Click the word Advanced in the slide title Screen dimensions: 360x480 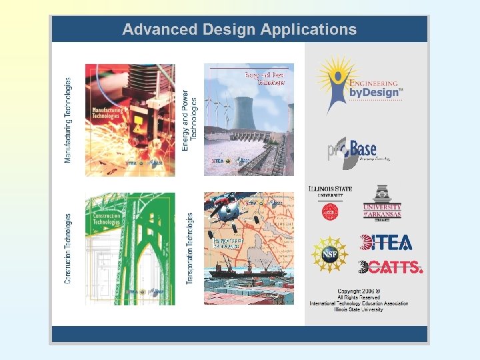(151, 29)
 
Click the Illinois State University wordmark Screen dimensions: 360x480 (330, 191)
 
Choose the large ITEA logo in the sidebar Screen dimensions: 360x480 (385, 242)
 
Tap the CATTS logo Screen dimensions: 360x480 (390, 267)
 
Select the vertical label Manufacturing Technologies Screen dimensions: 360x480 (67, 120)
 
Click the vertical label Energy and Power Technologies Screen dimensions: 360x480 (189, 120)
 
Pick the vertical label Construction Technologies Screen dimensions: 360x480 (67, 249)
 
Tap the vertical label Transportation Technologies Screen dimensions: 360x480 (189, 249)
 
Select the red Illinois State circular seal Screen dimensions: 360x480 (329, 212)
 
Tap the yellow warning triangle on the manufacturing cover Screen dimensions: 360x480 (137, 125)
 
